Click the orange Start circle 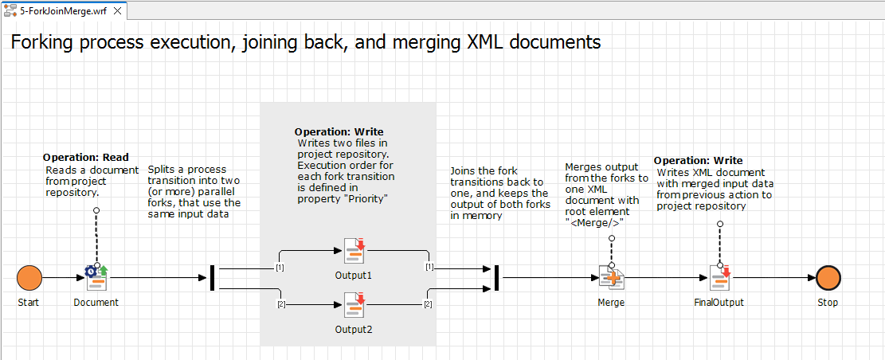[x=29, y=278]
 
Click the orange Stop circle [x=828, y=278]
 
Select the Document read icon [x=96, y=278]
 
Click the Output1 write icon [x=354, y=251]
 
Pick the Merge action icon [x=611, y=278]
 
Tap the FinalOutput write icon [x=721, y=278]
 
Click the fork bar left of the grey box [x=212, y=278]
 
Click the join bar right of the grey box [x=496, y=278]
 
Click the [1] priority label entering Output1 [x=280, y=267]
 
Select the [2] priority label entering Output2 [x=280, y=305]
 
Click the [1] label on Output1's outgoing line [x=429, y=267]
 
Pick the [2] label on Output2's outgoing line [x=428, y=305]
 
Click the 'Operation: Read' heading [x=85, y=158]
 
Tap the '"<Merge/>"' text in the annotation [x=594, y=222]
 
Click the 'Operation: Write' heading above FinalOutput [x=698, y=161]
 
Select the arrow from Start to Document [x=62, y=278]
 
